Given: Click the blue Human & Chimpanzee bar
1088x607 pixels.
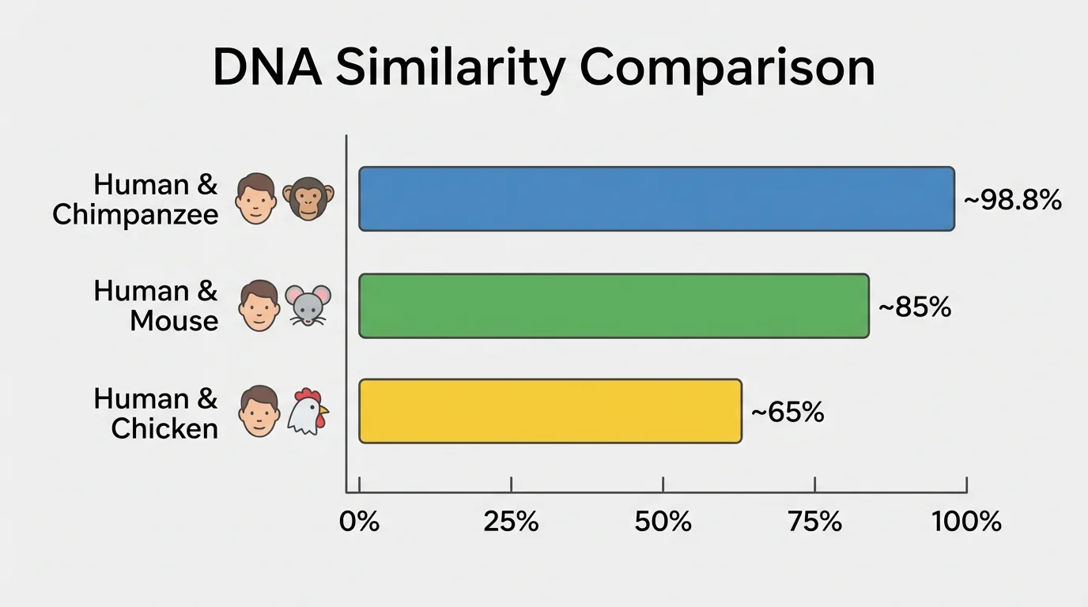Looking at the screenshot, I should pos(656,199).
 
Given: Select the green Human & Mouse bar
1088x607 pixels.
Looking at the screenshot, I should pos(614,306).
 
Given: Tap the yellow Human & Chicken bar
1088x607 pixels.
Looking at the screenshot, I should pos(550,411).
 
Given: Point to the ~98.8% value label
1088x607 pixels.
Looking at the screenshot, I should pos(1012,201).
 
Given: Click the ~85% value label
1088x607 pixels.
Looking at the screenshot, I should pos(914,307).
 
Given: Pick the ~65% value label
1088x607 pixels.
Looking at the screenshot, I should pos(787,412).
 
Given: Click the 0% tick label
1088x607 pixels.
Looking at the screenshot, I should pos(360,522).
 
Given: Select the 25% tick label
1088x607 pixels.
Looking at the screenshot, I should pos(511,522).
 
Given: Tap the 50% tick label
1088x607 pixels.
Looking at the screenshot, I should pos(663,522).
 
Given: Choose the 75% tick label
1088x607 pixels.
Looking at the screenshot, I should pos(814,522).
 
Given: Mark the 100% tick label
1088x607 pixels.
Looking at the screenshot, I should pos(965,522).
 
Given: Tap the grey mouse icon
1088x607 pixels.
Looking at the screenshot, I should pos(308,305).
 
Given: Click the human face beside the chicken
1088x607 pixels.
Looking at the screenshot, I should pos(259,411).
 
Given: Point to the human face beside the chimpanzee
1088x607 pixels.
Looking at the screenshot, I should pos(257,198).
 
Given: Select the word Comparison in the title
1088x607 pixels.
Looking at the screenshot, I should pos(727,69).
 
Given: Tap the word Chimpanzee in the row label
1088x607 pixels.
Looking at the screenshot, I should pos(135,215).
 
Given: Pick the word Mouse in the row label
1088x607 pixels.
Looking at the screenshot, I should pos(174,321).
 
